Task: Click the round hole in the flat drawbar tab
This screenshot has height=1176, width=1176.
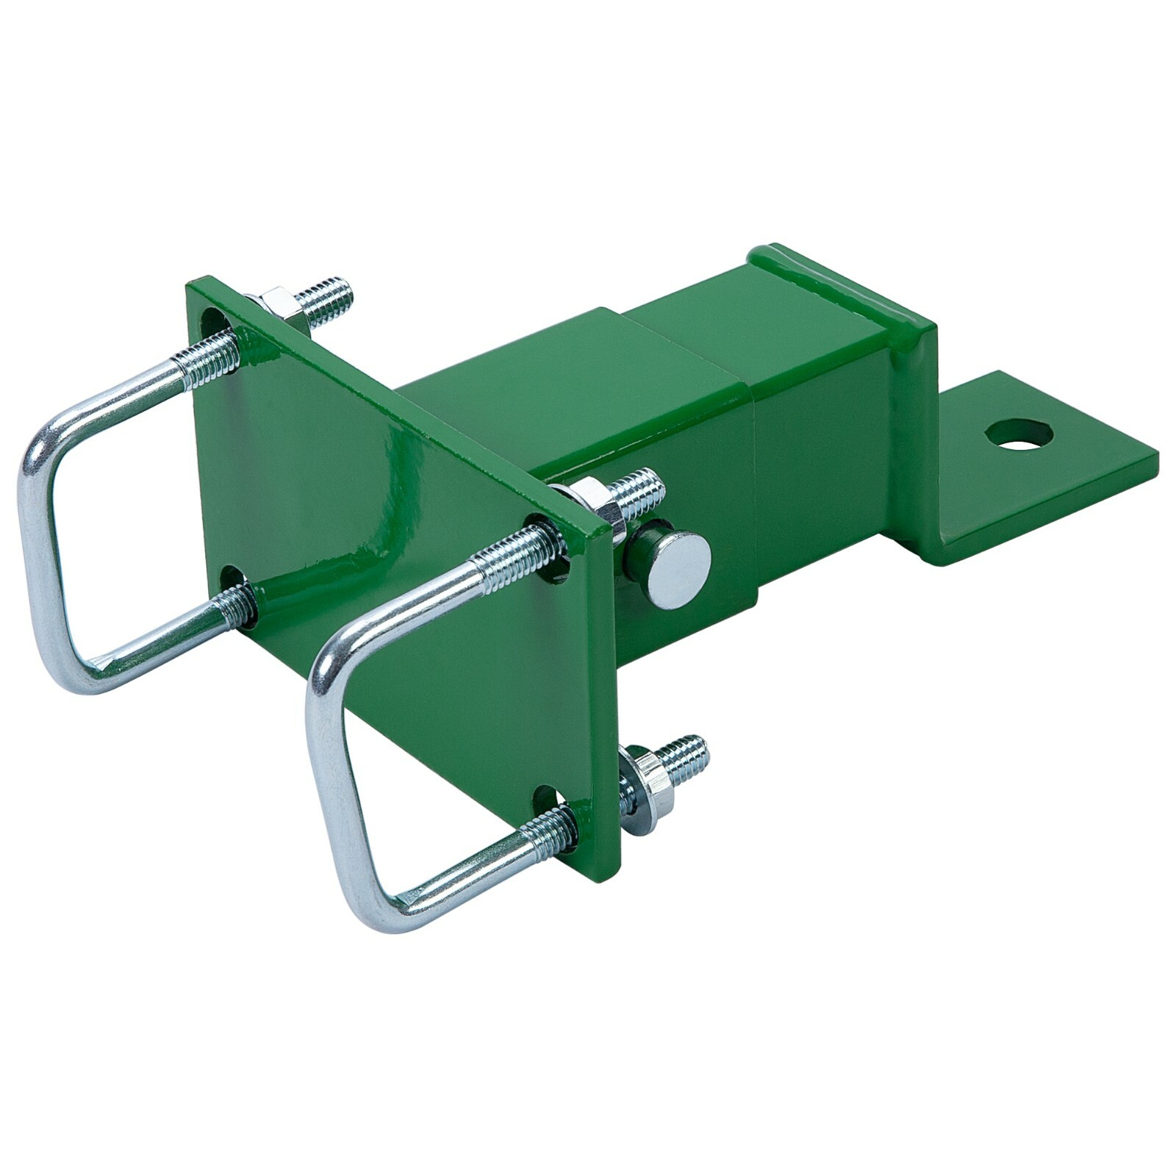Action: pos(1018,434)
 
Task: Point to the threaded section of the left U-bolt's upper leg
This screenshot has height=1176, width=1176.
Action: pos(207,358)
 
